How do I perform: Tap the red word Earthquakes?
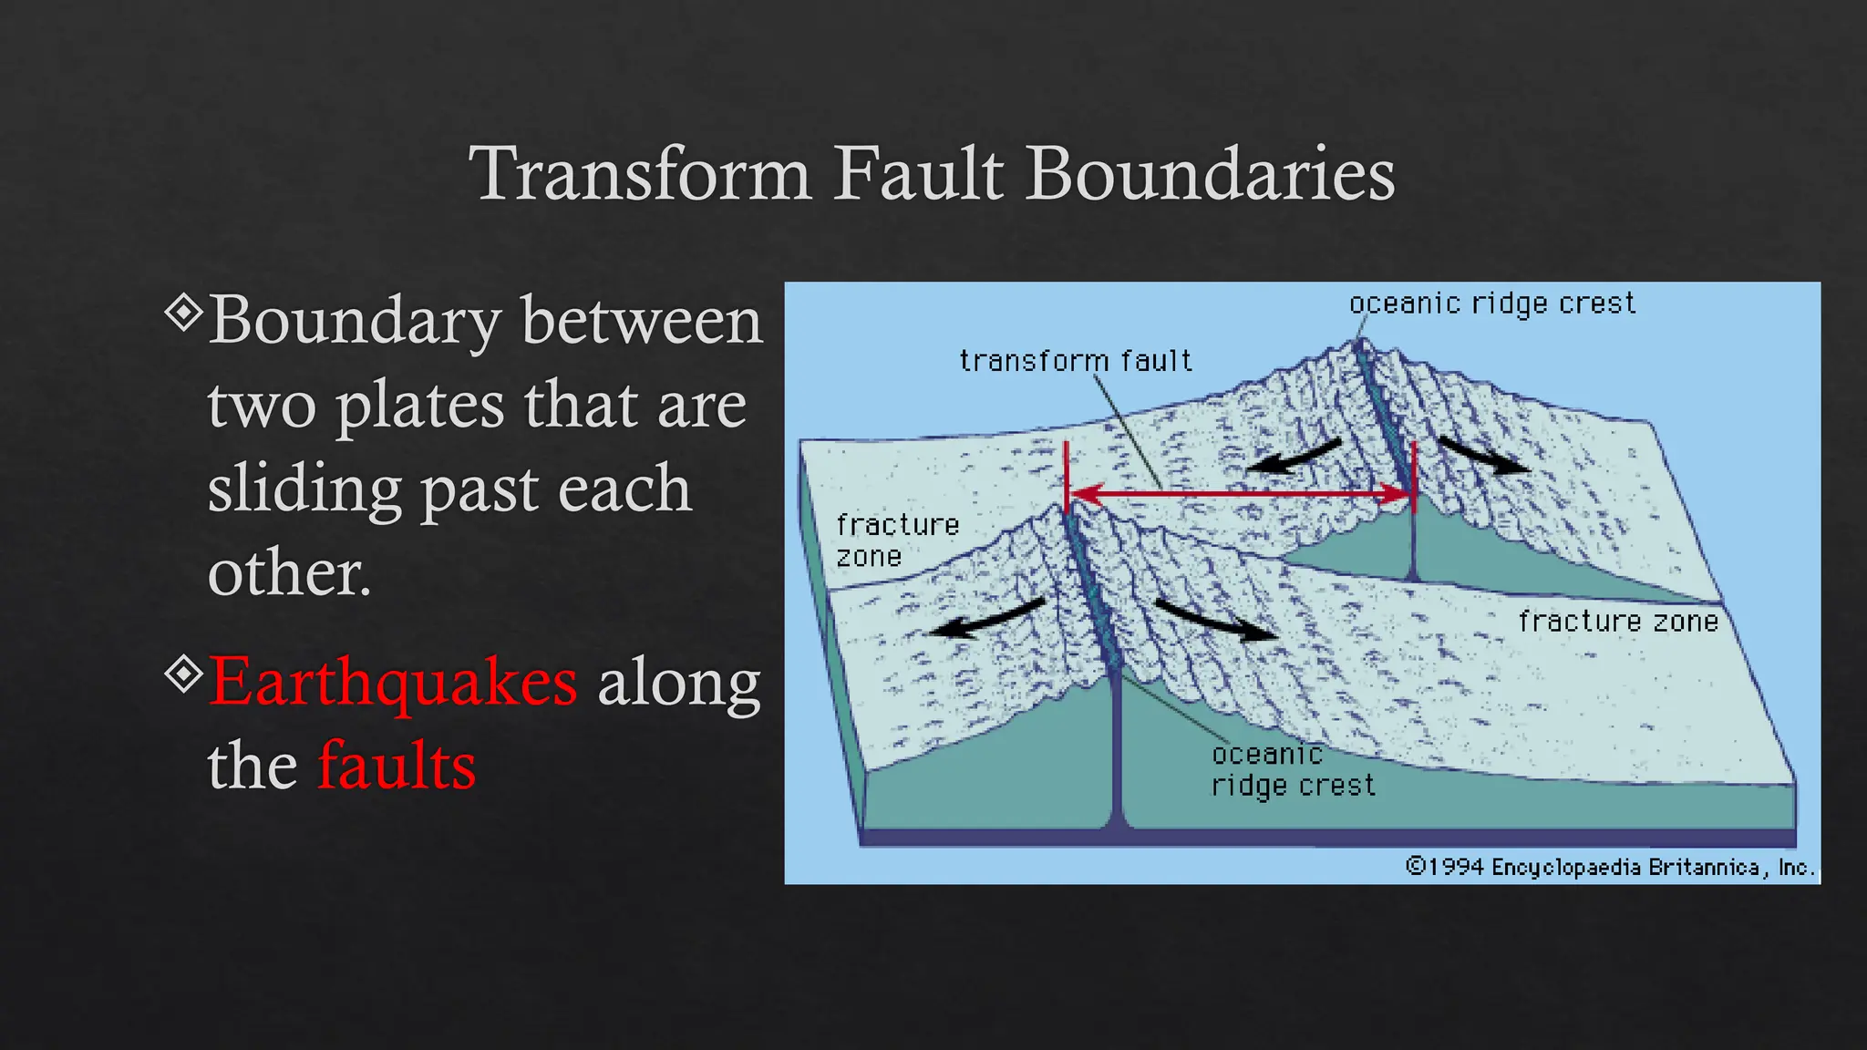click(x=393, y=681)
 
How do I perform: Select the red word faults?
click(x=397, y=765)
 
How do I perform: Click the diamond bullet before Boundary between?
click(x=184, y=313)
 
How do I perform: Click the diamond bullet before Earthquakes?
click(x=184, y=674)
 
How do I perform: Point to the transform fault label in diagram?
click(x=1075, y=361)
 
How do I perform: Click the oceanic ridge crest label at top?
click(x=1491, y=304)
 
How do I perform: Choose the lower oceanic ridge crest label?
click(x=1292, y=770)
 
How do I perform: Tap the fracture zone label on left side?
click(x=897, y=540)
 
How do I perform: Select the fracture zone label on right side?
click(x=1617, y=622)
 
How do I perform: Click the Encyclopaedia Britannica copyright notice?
click(x=1609, y=867)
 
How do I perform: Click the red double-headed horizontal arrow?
click(x=1240, y=495)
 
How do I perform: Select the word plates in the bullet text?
click(x=419, y=406)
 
